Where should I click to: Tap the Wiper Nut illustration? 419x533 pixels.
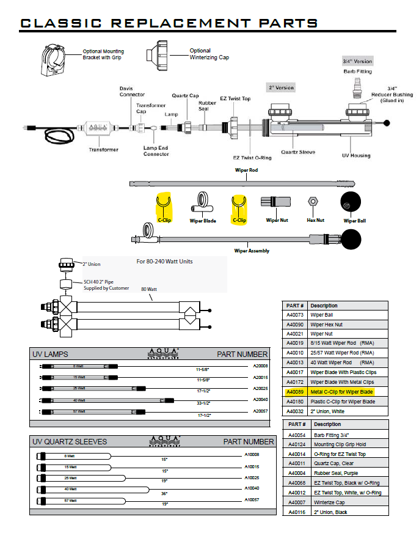pyautogui.click(x=273, y=202)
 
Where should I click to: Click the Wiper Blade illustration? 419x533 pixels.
pyautogui.click(x=202, y=202)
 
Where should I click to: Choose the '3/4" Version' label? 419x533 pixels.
pyautogui.click(x=357, y=62)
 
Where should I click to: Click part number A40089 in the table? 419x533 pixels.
pyautogui.click(x=295, y=391)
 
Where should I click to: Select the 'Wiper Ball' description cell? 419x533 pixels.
pyautogui.click(x=322, y=315)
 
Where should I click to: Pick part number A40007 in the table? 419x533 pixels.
pyautogui.click(x=296, y=502)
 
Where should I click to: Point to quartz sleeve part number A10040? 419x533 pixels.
pyautogui.click(x=252, y=488)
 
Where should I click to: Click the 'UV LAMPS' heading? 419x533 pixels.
pyautogui.click(x=50, y=355)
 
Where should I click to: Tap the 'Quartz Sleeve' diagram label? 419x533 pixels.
pyautogui.click(x=298, y=152)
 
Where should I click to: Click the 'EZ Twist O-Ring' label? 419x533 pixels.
pyautogui.click(x=252, y=157)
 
